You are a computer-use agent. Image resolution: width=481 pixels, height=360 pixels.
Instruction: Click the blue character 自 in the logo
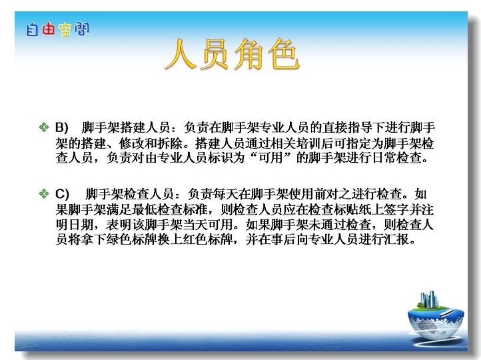click(x=32, y=30)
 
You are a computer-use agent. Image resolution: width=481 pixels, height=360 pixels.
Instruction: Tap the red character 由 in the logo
click(x=48, y=29)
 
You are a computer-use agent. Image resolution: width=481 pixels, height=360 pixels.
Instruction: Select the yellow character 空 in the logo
click(x=65, y=30)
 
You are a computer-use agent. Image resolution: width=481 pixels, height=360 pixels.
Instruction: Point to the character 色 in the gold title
click(x=284, y=54)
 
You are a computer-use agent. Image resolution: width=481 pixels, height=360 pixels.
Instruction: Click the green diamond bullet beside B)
click(x=44, y=127)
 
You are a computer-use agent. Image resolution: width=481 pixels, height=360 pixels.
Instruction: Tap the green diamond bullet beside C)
click(x=44, y=193)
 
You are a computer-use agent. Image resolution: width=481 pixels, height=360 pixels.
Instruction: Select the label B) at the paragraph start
click(x=62, y=127)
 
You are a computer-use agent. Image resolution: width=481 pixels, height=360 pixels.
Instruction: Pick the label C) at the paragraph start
click(x=62, y=194)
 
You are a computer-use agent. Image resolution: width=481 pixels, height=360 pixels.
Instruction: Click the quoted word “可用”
click(x=270, y=157)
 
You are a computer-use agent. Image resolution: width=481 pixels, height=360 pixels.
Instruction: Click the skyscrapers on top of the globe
click(x=428, y=299)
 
